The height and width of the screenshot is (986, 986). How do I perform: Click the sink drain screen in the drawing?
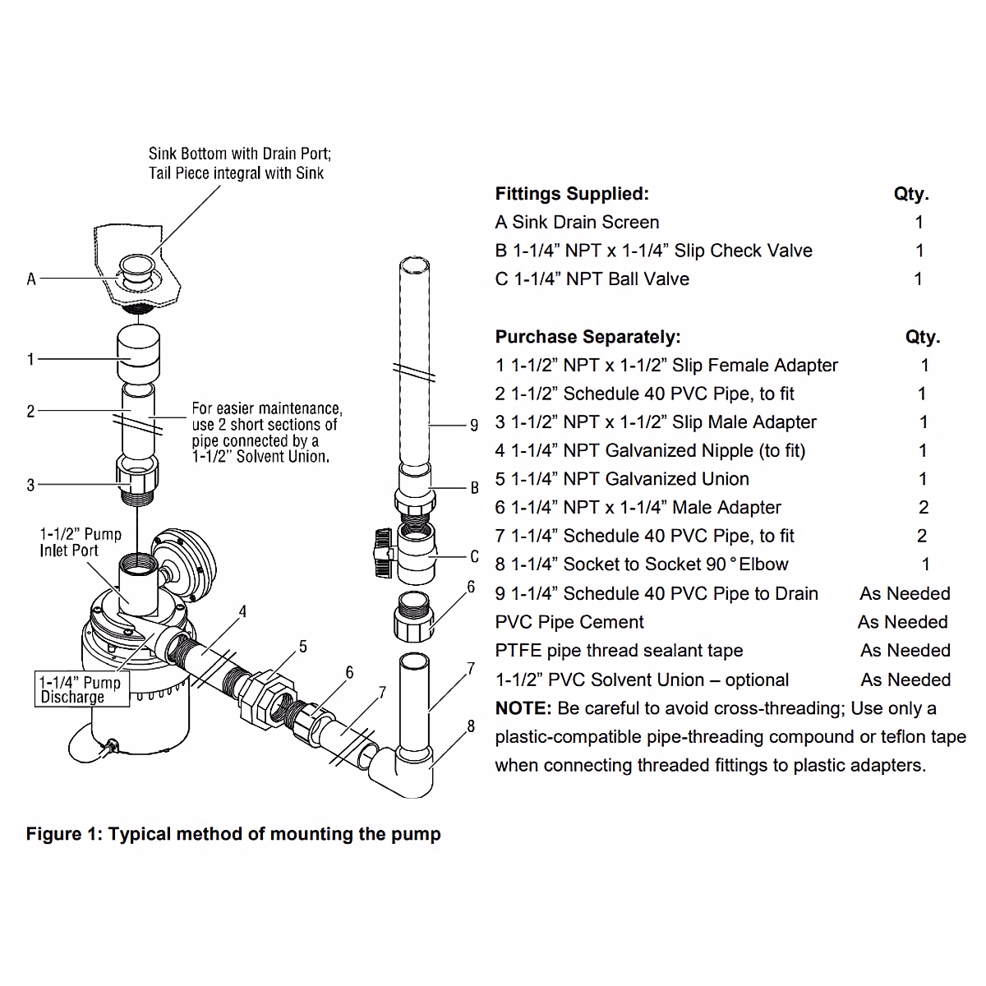pos(136,267)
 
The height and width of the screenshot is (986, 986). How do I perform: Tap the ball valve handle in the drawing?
pos(380,553)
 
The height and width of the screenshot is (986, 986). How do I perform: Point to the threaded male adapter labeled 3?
pos(136,481)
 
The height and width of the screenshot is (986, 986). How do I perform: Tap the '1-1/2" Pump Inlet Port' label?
pos(81,542)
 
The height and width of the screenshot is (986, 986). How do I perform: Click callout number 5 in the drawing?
pos(303,647)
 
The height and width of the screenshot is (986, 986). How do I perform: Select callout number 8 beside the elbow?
pos(471,726)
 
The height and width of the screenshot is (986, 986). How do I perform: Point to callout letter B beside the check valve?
pos(474,488)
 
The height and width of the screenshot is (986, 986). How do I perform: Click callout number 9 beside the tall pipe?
pos(474,425)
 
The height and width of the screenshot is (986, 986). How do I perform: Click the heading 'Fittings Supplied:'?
pos(572,194)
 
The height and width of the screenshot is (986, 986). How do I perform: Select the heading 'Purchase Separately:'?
pos(587,337)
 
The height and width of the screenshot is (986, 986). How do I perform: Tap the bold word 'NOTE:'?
pos(523,708)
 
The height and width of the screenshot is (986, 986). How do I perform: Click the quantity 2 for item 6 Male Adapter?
pos(924,508)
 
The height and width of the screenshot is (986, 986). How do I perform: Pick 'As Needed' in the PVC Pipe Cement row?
pos(903,622)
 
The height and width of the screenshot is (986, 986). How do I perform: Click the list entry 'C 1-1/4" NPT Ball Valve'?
pos(592,279)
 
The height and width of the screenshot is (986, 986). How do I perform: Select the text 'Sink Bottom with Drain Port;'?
pos(240,154)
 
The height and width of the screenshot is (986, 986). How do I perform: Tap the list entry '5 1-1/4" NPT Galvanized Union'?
pos(622,479)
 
